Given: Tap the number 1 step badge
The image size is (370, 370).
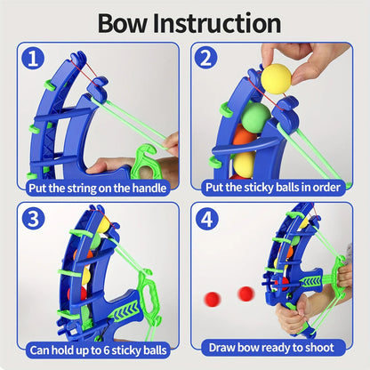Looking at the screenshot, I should point(33,59).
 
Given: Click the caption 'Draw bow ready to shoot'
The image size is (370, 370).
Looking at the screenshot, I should point(273,348).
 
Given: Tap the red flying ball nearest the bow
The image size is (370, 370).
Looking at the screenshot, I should point(245,293).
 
